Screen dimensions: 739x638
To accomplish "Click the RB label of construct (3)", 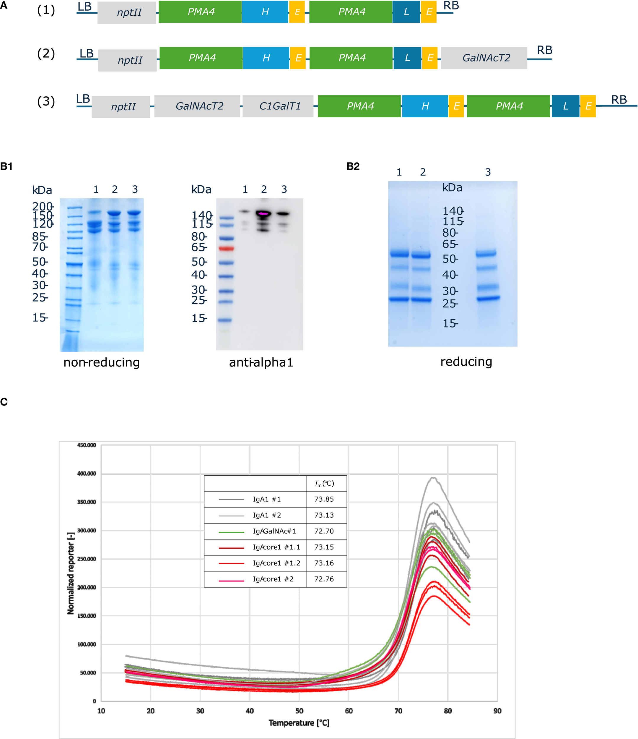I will [619, 100].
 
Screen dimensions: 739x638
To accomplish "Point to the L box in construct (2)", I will [407, 58].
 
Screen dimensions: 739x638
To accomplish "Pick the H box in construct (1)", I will [265, 12].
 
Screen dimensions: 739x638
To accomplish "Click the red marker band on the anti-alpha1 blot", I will [226, 248].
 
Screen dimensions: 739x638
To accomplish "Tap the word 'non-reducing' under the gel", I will [102, 362].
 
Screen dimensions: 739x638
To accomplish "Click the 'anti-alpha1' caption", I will [261, 362].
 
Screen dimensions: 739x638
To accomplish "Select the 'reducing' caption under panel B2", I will [466, 361].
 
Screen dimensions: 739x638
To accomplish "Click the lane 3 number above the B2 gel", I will [488, 172].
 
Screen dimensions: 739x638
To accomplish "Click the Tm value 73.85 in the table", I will [324, 499].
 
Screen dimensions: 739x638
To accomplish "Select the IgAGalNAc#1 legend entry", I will [274, 531].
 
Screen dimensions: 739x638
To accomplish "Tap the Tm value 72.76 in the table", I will [324, 579].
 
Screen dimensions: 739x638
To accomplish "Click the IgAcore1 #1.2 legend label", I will [276, 563].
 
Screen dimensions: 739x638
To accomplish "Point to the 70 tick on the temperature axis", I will [398, 711].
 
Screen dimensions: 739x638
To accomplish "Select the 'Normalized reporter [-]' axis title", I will [71, 573].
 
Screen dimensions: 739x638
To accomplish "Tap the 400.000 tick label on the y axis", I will [87, 473].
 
